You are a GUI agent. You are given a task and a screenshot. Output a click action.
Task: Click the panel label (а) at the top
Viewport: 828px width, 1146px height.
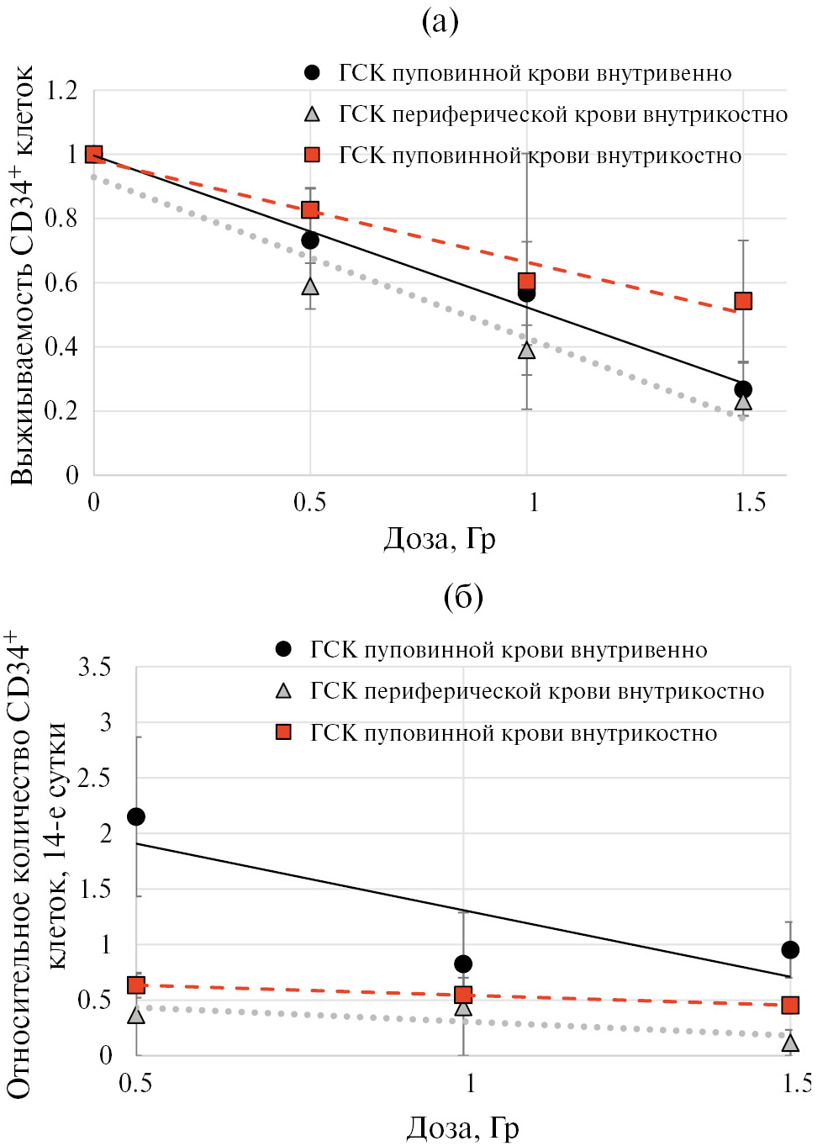pyautogui.click(x=440, y=21)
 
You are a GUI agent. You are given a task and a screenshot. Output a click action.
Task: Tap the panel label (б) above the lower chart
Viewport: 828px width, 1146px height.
pyautogui.click(x=463, y=596)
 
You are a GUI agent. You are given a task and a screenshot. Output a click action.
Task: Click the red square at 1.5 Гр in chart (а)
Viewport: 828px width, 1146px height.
pyautogui.click(x=743, y=301)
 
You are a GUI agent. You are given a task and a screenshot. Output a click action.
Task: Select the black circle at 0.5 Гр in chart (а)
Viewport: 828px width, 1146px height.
pyautogui.click(x=310, y=240)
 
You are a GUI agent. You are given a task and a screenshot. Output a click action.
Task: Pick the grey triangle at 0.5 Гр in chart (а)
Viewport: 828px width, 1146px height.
pyautogui.click(x=310, y=287)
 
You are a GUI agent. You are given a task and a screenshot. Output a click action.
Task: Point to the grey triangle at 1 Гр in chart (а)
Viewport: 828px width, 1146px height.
pyautogui.click(x=527, y=351)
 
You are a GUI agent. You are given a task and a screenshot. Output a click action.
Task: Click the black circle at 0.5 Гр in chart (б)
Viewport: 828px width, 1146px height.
pyautogui.click(x=136, y=816)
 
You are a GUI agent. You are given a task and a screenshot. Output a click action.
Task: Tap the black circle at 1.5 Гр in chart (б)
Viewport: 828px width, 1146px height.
pyautogui.click(x=790, y=949)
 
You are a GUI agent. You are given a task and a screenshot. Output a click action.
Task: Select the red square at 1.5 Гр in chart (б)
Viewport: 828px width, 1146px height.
pyautogui.click(x=790, y=1005)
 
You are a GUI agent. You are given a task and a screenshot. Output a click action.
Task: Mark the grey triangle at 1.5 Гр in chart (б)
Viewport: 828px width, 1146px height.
pyautogui.click(x=790, y=1043)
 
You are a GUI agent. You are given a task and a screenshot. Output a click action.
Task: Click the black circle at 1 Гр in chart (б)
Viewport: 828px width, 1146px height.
pyautogui.click(x=463, y=964)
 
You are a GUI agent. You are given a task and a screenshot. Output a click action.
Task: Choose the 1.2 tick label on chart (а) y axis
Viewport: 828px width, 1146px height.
pyautogui.click(x=61, y=91)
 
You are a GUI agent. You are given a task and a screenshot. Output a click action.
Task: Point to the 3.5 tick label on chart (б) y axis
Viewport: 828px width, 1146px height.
pyautogui.click(x=94, y=668)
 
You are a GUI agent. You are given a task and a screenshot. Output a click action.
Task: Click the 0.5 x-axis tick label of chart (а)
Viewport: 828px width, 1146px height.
pyautogui.click(x=309, y=503)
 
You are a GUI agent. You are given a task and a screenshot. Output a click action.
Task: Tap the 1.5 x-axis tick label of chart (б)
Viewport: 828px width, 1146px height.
pyautogui.click(x=797, y=1083)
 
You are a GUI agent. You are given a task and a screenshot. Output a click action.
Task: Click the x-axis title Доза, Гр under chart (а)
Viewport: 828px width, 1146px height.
pyautogui.click(x=440, y=538)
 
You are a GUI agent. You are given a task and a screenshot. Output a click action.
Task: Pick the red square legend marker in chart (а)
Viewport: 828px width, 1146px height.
pyautogui.click(x=312, y=155)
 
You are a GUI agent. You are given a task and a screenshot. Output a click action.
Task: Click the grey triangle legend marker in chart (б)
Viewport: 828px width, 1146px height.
pyautogui.click(x=284, y=691)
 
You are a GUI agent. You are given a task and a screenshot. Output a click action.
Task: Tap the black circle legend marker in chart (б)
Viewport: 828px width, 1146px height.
pyautogui.click(x=284, y=649)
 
